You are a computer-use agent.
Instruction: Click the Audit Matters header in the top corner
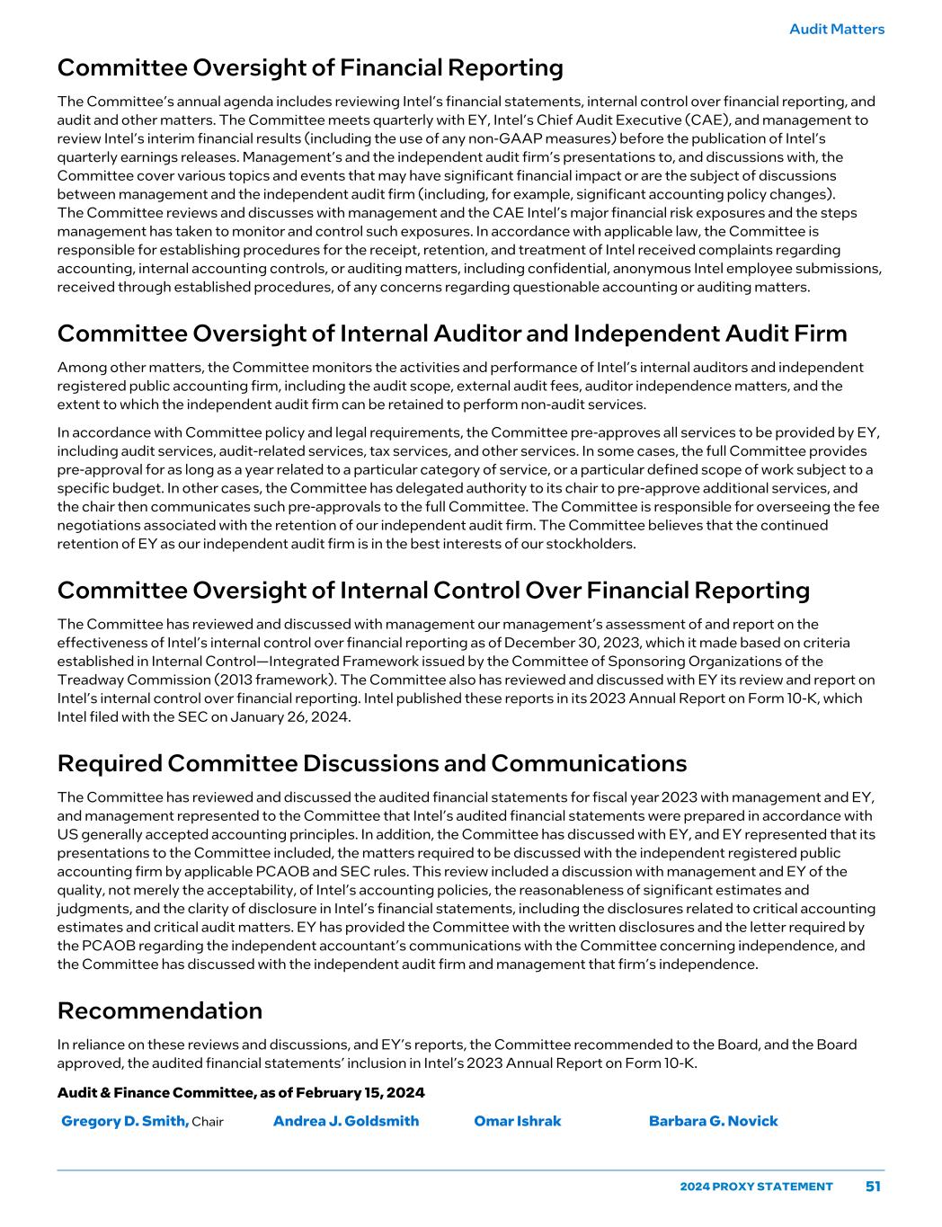click(x=836, y=29)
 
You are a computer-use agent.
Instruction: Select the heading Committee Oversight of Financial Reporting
click(x=310, y=67)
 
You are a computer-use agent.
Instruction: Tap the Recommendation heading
click(x=159, y=1010)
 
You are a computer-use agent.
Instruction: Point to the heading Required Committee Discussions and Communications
click(x=371, y=763)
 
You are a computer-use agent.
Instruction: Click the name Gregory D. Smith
click(x=124, y=1121)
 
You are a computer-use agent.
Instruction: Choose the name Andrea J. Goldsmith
click(x=345, y=1121)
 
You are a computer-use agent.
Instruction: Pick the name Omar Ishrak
click(x=517, y=1121)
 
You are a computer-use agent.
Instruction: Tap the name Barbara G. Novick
click(x=713, y=1121)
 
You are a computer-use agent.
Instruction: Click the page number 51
click(x=873, y=1187)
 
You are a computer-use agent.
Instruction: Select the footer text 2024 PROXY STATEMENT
click(x=756, y=1187)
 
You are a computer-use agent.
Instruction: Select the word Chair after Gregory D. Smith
click(x=208, y=1122)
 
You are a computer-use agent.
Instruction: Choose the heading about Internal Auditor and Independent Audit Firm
click(x=451, y=333)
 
